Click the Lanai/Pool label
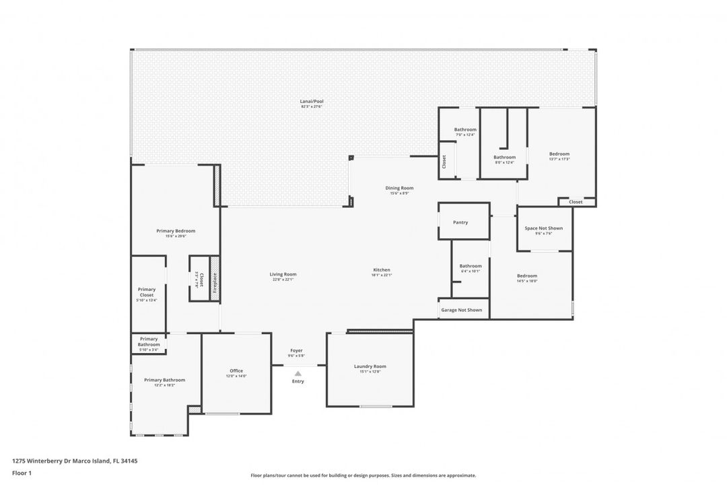point(312,101)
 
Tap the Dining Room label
point(399,188)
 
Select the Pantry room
point(460,222)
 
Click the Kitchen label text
point(382,270)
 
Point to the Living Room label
point(283,274)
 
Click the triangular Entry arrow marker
point(298,373)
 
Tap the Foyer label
point(296,350)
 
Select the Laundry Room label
point(370,366)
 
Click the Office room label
point(236,370)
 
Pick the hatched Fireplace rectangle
point(215,278)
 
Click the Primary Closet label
point(147,292)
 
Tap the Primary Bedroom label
point(176,231)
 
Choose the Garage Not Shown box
point(462,310)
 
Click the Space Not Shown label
point(544,228)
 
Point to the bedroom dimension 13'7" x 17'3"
point(559,159)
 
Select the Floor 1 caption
point(22,473)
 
